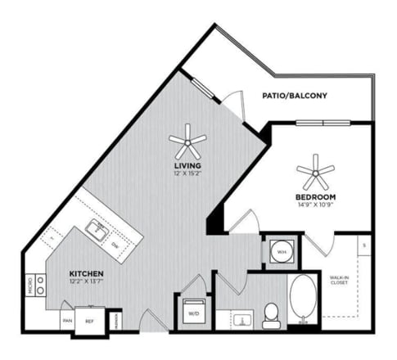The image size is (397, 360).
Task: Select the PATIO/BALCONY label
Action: point(294,96)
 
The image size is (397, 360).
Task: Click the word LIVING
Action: point(187,165)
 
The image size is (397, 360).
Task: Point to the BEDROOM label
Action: point(315,197)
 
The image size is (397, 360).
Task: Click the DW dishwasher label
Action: point(116,246)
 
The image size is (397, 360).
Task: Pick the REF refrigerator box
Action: point(90,322)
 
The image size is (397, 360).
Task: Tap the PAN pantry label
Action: point(66,321)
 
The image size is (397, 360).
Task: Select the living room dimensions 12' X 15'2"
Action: point(187,173)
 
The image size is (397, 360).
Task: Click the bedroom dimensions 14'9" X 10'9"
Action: point(315,206)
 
